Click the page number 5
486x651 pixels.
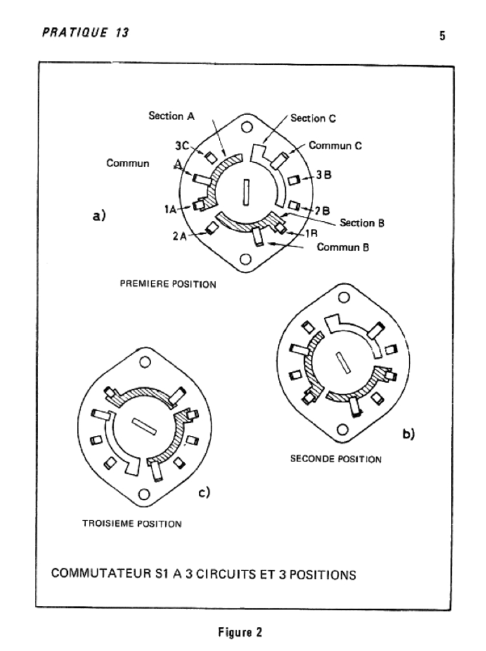[442, 36]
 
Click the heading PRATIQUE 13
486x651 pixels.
[86, 32]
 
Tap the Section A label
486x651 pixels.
[172, 116]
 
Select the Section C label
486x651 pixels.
[313, 118]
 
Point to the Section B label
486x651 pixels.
[362, 223]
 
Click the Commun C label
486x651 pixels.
[335, 146]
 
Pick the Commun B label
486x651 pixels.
[343, 247]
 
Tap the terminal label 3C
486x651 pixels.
[182, 146]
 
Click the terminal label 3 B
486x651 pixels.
[324, 175]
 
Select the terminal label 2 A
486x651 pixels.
[180, 236]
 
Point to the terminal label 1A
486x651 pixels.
[171, 209]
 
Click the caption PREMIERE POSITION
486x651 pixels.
[168, 284]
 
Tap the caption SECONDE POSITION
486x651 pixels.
[336, 459]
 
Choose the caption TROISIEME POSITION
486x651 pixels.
[132, 524]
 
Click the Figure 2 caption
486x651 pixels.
[240, 633]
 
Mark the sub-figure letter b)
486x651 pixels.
[408, 434]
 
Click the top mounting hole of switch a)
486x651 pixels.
[247, 127]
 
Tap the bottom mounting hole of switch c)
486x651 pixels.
[144, 495]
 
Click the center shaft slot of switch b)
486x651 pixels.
[343, 362]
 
